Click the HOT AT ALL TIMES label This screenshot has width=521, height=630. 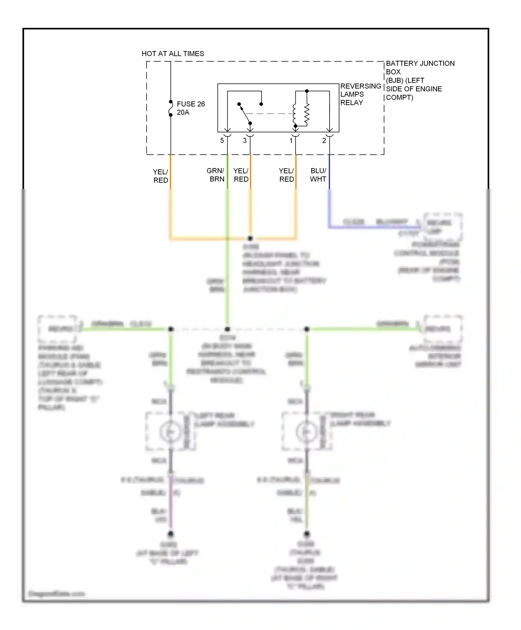[x=173, y=53]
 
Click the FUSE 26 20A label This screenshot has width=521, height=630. [x=190, y=108]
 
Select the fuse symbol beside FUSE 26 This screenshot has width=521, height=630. [x=171, y=108]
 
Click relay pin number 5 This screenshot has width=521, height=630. [x=222, y=141]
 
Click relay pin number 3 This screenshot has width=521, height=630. [x=245, y=141]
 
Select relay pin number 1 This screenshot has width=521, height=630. [x=291, y=141]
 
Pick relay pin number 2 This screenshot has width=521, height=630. [x=324, y=141]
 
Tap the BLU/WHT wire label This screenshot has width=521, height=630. [x=318, y=175]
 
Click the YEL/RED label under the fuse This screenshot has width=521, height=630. [x=160, y=176]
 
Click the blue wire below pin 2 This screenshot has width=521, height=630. [x=329, y=174]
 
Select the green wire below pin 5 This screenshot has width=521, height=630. [x=228, y=174]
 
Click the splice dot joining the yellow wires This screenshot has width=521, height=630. [x=250, y=238]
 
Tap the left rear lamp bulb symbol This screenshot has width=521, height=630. [x=170, y=432]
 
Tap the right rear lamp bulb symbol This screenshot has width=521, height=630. [x=306, y=432]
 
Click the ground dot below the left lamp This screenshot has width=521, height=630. [x=171, y=534]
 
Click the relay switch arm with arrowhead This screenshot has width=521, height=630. [x=245, y=114]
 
